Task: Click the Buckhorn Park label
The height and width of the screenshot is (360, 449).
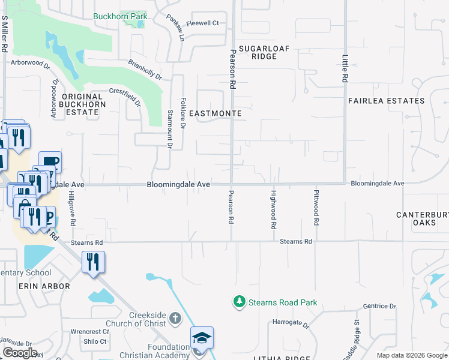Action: (120, 17)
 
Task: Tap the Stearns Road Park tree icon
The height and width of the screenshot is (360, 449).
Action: (240, 301)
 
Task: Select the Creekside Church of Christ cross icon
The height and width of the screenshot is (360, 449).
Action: (175, 317)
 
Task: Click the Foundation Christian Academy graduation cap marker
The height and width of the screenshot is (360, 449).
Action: (202, 338)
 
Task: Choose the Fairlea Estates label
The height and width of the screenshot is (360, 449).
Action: (387, 101)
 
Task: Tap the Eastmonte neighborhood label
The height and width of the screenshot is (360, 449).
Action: (215, 113)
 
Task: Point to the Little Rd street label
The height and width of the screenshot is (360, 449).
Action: (345, 70)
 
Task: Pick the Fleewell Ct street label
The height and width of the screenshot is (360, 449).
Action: (203, 23)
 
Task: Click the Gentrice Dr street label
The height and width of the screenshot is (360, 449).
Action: (379, 306)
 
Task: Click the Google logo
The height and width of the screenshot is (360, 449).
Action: (20, 352)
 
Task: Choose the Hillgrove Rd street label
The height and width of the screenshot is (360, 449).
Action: (72, 208)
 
